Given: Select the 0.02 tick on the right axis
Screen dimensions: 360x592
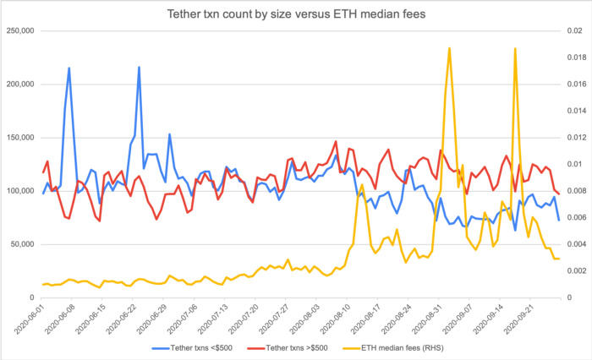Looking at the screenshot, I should [573, 31].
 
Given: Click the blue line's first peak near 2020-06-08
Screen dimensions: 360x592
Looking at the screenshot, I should [69, 68].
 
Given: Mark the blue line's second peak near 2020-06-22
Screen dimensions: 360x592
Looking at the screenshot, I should [139, 67].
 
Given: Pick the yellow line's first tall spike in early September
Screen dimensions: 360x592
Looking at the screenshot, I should [449, 48].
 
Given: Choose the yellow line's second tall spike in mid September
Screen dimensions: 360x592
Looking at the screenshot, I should [514, 48].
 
